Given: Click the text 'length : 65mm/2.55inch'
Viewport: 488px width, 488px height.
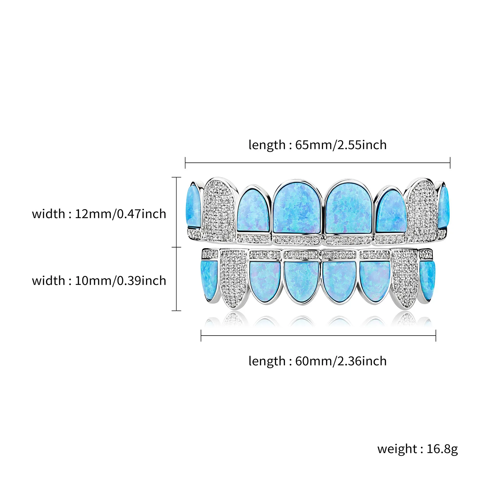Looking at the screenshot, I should click(317, 145).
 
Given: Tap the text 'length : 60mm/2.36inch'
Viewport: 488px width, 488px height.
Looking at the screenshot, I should click(317, 361).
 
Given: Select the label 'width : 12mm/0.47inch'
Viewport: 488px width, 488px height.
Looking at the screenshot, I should click(99, 214).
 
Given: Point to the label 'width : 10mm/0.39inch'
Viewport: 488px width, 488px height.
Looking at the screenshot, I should click(99, 281).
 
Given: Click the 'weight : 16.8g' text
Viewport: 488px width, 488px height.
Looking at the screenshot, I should click(417, 449).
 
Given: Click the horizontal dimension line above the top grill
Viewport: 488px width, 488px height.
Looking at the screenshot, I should click(317, 163).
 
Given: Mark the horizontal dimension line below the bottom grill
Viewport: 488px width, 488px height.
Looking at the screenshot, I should click(318, 336).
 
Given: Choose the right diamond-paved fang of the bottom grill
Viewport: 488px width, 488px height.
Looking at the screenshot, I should click(404, 277).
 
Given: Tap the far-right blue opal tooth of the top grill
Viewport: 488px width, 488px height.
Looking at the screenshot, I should click(443, 206).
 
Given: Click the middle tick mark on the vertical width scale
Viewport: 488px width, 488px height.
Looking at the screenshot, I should click(176, 247).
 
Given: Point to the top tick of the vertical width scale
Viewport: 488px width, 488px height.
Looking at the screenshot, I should click(176, 177).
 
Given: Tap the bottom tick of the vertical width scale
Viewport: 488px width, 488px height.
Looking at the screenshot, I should click(176, 311).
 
